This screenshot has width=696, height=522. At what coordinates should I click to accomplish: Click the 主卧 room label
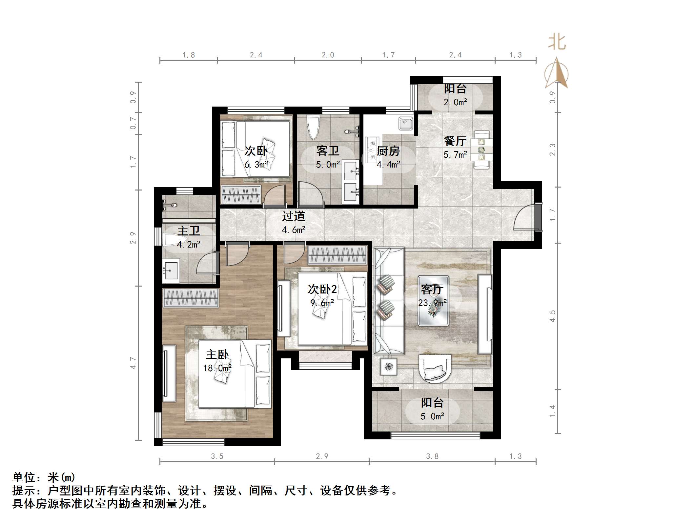(x=217, y=354)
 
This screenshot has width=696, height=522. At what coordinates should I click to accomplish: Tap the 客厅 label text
(x=432, y=289)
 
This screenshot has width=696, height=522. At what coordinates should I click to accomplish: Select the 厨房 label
(x=388, y=151)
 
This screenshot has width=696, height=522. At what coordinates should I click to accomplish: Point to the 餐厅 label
(x=455, y=141)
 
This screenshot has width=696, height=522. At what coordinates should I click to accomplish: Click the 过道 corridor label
(x=294, y=216)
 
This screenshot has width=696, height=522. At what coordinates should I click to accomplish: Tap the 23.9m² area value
(x=432, y=303)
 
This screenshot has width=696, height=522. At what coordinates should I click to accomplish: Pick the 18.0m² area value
(x=217, y=368)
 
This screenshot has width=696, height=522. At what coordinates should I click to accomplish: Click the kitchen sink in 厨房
(x=406, y=124)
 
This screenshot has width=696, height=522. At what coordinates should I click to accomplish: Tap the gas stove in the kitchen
(x=373, y=151)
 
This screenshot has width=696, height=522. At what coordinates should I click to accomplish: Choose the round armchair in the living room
(x=435, y=369)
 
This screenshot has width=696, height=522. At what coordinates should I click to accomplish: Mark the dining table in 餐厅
(x=481, y=150)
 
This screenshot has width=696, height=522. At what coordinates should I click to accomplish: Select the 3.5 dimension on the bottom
(x=217, y=456)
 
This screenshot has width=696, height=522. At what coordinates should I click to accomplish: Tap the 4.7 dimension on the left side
(x=133, y=363)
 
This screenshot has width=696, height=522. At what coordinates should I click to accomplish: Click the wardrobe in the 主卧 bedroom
(x=191, y=298)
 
